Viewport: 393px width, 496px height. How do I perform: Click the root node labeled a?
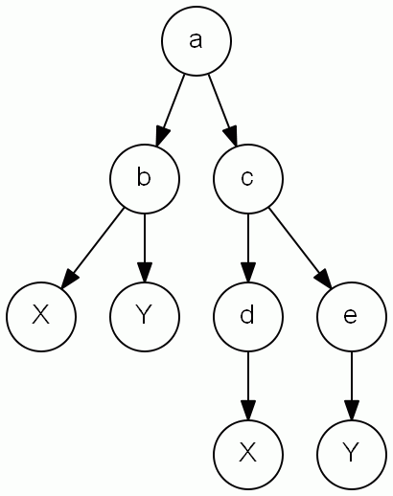pos(196,42)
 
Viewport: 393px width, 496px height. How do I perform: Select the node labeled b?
pos(144,179)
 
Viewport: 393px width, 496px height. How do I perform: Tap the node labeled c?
pos(248,179)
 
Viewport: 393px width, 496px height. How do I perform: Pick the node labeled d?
pos(248,316)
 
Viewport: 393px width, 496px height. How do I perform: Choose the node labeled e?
pos(351,316)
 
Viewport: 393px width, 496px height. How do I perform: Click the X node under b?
pos(40,316)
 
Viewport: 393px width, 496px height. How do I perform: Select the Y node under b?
pos(144,316)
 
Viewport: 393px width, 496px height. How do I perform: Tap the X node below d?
pos(248,453)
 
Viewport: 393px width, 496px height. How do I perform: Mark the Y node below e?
pos(351,453)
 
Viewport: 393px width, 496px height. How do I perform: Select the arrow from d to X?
pos(248,383)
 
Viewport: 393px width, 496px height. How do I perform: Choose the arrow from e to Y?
pos(351,383)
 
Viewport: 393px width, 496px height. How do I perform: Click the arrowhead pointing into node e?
pos(324,280)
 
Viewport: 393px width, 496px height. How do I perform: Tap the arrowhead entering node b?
pos(160,136)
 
